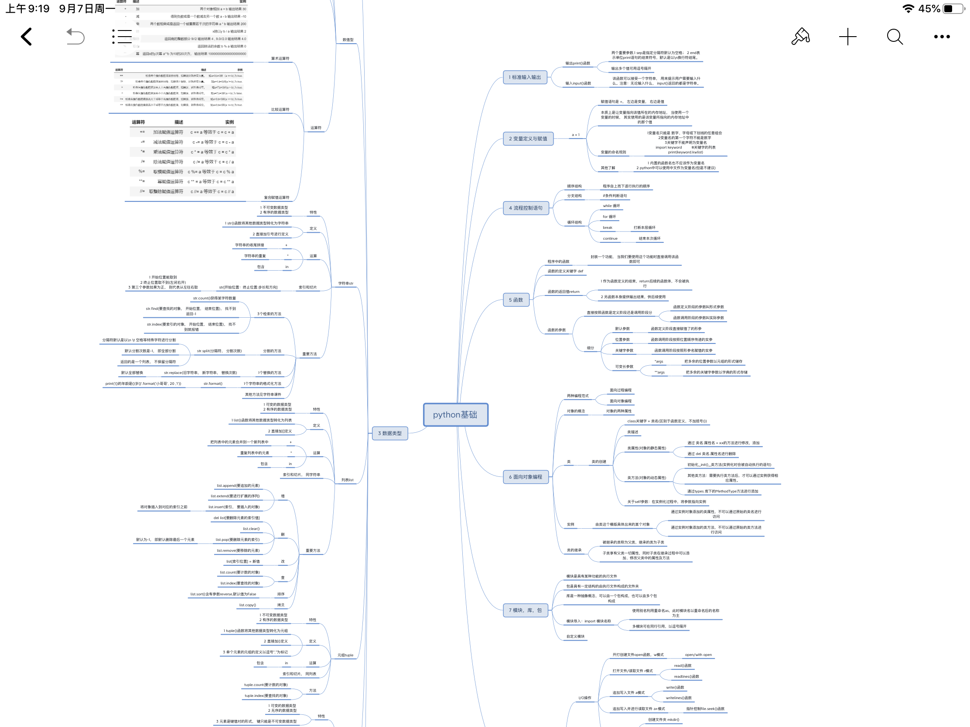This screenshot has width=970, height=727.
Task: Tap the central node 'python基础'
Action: (x=455, y=414)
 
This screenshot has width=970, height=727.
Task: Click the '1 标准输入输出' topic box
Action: (x=524, y=77)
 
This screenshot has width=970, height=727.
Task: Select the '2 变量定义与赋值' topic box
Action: (x=528, y=139)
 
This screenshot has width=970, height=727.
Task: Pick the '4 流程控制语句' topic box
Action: (x=525, y=208)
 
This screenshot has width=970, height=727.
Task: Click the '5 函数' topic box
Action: (x=516, y=300)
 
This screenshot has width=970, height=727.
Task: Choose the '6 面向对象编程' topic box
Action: (x=525, y=477)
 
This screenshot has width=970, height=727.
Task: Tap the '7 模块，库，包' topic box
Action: (x=525, y=610)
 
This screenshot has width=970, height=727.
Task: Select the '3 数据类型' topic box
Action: (x=389, y=433)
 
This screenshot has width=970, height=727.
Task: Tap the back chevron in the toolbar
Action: (x=26, y=37)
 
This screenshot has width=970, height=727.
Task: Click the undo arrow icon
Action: (x=75, y=37)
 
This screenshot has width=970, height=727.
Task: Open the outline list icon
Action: (x=122, y=37)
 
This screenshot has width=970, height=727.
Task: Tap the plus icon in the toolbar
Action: (x=847, y=37)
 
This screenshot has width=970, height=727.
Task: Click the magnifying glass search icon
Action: (x=895, y=37)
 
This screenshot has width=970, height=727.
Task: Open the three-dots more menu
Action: (x=942, y=37)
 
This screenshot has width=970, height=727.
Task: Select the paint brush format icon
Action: (x=800, y=37)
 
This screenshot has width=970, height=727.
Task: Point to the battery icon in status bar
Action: (x=953, y=9)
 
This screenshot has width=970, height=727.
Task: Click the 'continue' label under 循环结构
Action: (x=610, y=239)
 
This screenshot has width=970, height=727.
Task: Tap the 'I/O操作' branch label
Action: (x=584, y=698)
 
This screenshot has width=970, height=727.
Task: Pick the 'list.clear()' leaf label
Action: (x=251, y=529)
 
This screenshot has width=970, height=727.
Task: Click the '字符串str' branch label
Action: (x=345, y=284)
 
